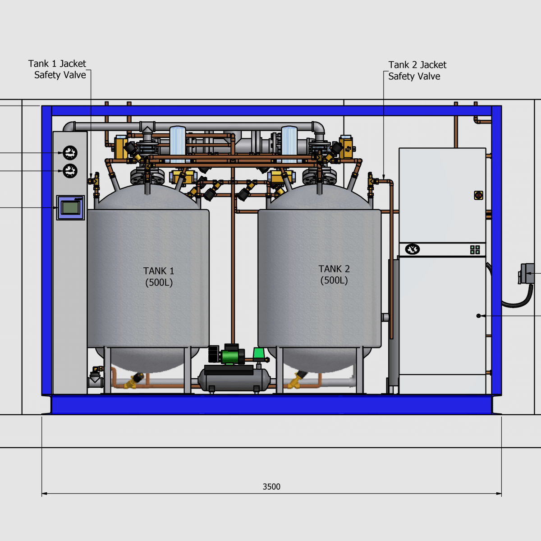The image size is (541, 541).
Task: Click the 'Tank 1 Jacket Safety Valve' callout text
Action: tap(57, 69)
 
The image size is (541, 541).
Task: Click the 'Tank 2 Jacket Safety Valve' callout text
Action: tap(417, 70)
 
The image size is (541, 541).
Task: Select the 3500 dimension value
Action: tap(271, 486)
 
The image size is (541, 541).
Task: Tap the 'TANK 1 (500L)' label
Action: tap(159, 276)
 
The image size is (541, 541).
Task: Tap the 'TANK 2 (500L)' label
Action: tap(334, 275)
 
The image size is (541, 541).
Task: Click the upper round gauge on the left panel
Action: tap(70, 153)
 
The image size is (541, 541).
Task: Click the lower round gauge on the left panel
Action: tap(70, 171)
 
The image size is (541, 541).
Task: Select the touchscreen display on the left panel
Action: tap(70, 208)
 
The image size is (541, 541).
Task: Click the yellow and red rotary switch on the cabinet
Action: tap(478, 195)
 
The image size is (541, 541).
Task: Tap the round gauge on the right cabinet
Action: tap(412, 249)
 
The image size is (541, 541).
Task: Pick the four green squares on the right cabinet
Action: tap(475, 250)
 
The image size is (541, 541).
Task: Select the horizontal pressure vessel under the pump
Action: tap(234, 381)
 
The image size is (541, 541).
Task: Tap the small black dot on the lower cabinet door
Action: tap(478, 316)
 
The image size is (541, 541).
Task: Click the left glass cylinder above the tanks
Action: tap(178, 144)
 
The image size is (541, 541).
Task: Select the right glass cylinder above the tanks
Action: tap(289, 144)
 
